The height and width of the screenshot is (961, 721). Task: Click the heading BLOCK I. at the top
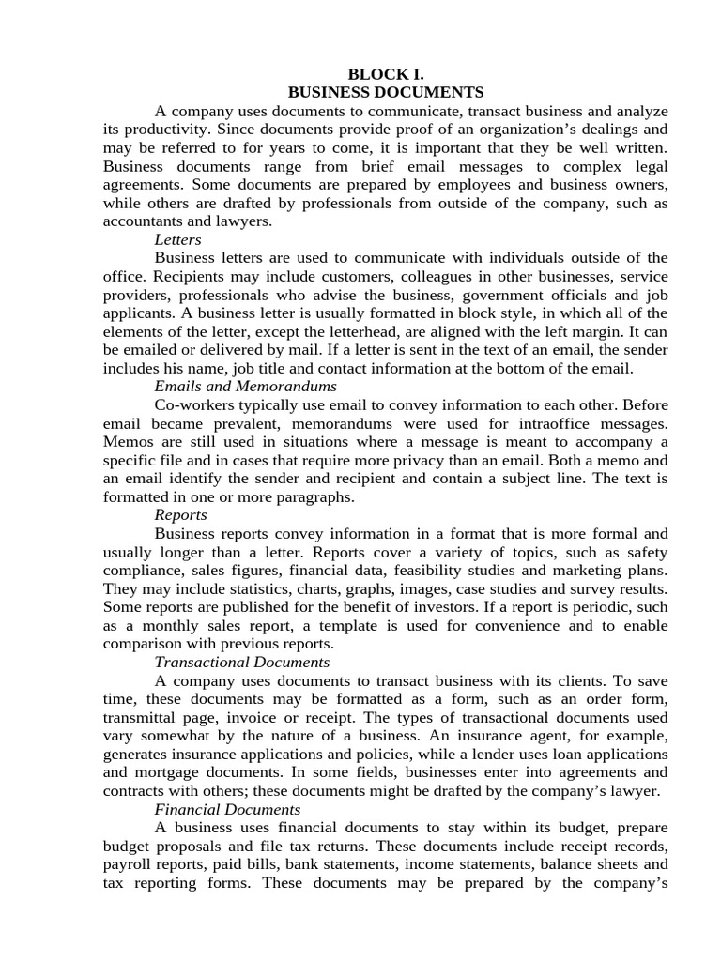(x=386, y=74)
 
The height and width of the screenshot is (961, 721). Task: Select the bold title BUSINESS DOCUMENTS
(x=386, y=92)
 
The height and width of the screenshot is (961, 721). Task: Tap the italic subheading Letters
(x=177, y=240)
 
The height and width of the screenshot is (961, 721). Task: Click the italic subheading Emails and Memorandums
(x=245, y=387)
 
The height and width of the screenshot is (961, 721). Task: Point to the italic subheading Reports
(x=180, y=515)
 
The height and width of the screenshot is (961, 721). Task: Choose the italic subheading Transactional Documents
(x=241, y=663)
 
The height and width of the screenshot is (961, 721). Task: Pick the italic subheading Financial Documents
(x=227, y=809)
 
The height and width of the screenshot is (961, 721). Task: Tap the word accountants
(x=140, y=221)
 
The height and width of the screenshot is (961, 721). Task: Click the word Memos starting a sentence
(x=125, y=442)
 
